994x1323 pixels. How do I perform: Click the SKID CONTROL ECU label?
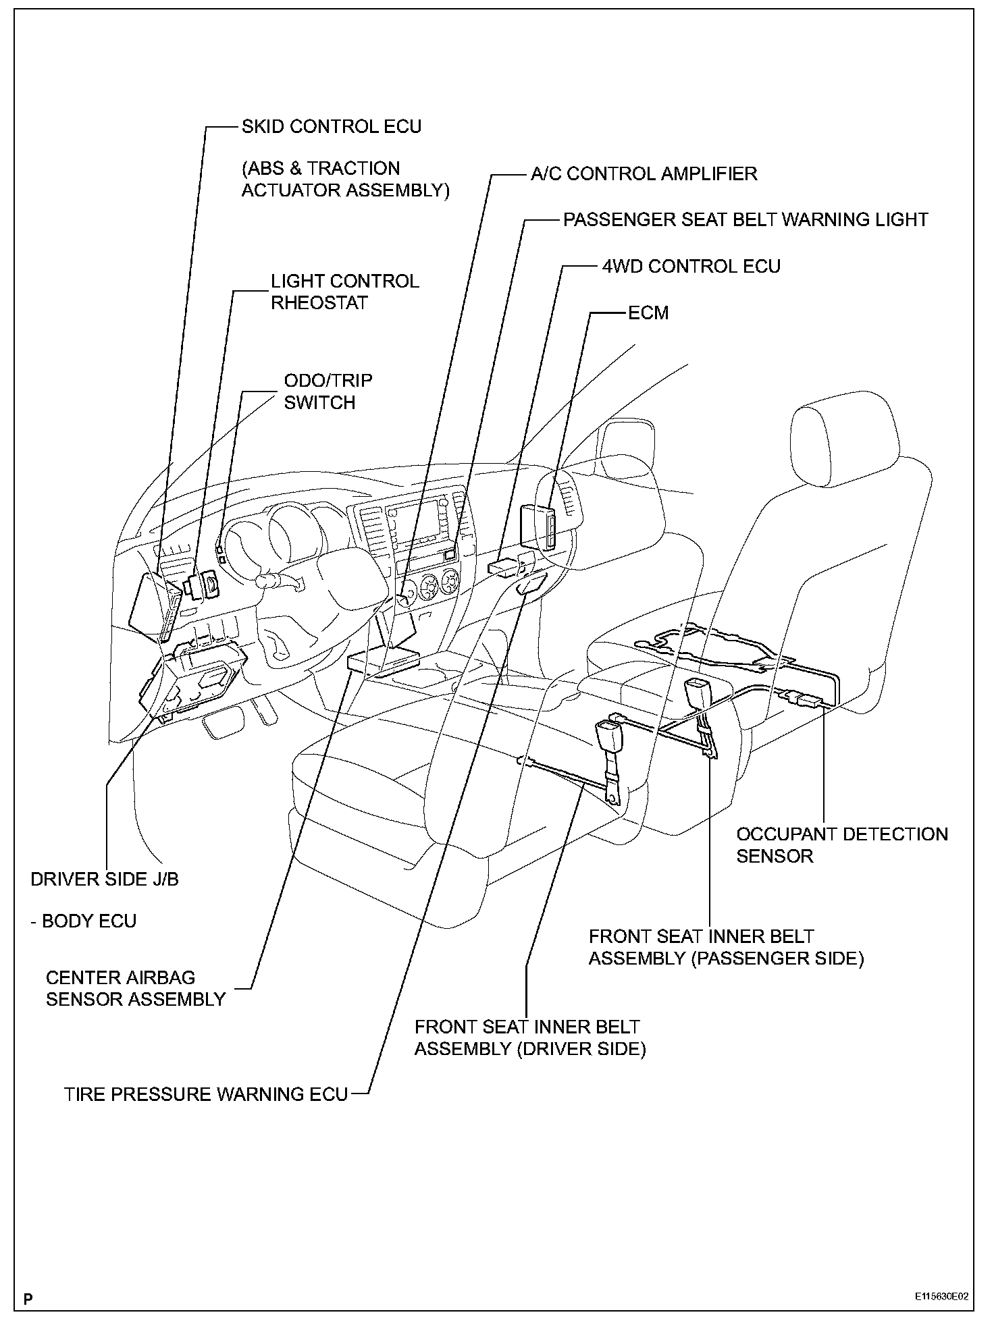[x=331, y=127]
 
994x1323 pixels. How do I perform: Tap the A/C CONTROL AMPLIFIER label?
[x=644, y=174]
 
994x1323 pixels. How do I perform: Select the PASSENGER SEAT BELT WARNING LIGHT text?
[x=745, y=220]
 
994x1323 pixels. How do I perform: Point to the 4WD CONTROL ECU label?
[x=691, y=267]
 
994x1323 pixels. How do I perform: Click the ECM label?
[x=648, y=313]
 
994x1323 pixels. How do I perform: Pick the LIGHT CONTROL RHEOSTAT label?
[x=344, y=292]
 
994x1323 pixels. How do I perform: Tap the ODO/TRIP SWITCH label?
[x=328, y=391]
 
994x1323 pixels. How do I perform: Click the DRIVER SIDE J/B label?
[x=105, y=880]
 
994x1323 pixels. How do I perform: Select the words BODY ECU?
[x=88, y=921]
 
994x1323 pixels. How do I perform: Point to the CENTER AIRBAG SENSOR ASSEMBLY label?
[x=135, y=988]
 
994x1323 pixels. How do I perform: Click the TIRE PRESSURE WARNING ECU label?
[x=206, y=1094]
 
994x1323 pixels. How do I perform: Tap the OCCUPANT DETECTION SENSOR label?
[x=841, y=845]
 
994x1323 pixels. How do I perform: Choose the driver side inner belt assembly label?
[x=529, y=1038]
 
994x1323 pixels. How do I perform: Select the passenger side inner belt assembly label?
[x=726, y=948]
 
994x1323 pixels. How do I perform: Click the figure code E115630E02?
[x=941, y=1297]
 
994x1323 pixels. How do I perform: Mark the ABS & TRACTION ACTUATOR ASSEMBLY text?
[x=344, y=180]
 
